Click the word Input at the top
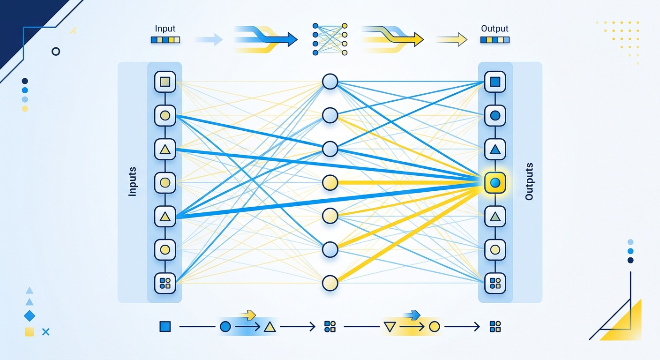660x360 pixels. coord(165,29)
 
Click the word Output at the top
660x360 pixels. coord(495,29)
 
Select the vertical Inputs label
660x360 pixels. coord(133,181)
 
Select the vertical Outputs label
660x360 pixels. coord(529,181)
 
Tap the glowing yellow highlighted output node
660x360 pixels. coord(495,183)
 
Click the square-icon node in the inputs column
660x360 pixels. coord(165,82)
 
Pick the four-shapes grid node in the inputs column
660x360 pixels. coord(165,284)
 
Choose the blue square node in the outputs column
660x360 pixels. coord(495,82)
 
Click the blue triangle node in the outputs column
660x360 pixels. coord(495,149)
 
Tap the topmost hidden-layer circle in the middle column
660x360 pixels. coord(330,82)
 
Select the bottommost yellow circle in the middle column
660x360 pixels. coord(330,283)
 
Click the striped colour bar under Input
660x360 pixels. coord(165,40)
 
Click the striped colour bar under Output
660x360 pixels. coord(495,40)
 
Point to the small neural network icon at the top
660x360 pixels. coord(330,39)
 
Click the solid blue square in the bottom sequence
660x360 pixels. coord(165,327)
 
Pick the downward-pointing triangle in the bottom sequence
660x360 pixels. coord(390,327)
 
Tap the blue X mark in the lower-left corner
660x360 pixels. coord(45,332)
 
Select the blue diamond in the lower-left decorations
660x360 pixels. coord(30,316)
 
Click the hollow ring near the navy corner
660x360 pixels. coord(56,52)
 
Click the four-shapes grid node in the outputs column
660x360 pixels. coord(495,284)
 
